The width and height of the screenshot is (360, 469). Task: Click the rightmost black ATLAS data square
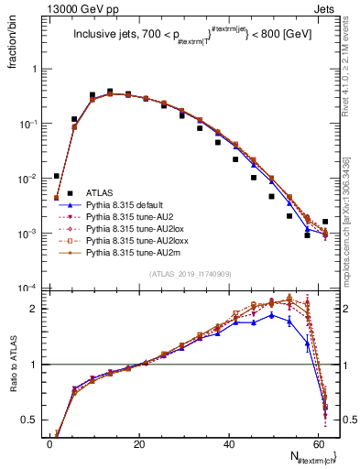326,222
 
